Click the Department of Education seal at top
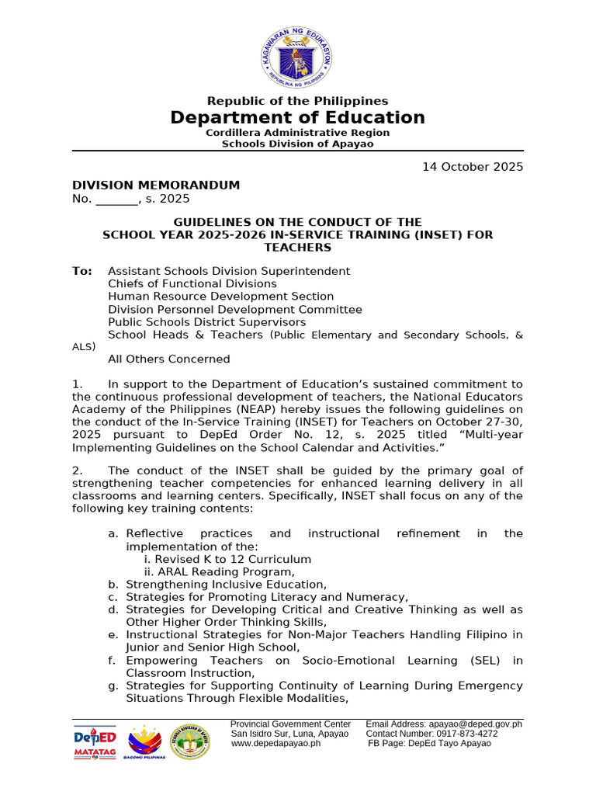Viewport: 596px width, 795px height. [x=298, y=54]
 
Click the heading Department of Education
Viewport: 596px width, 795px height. [x=298, y=118]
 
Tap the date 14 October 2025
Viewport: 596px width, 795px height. [x=472, y=167]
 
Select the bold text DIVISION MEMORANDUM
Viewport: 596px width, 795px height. [x=156, y=186]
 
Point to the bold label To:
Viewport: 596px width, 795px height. [x=81, y=271]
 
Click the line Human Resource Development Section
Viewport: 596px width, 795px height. [x=220, y=297]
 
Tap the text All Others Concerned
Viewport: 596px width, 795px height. [x=168, y=359]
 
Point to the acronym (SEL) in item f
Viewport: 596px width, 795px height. [x=485, y=661]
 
